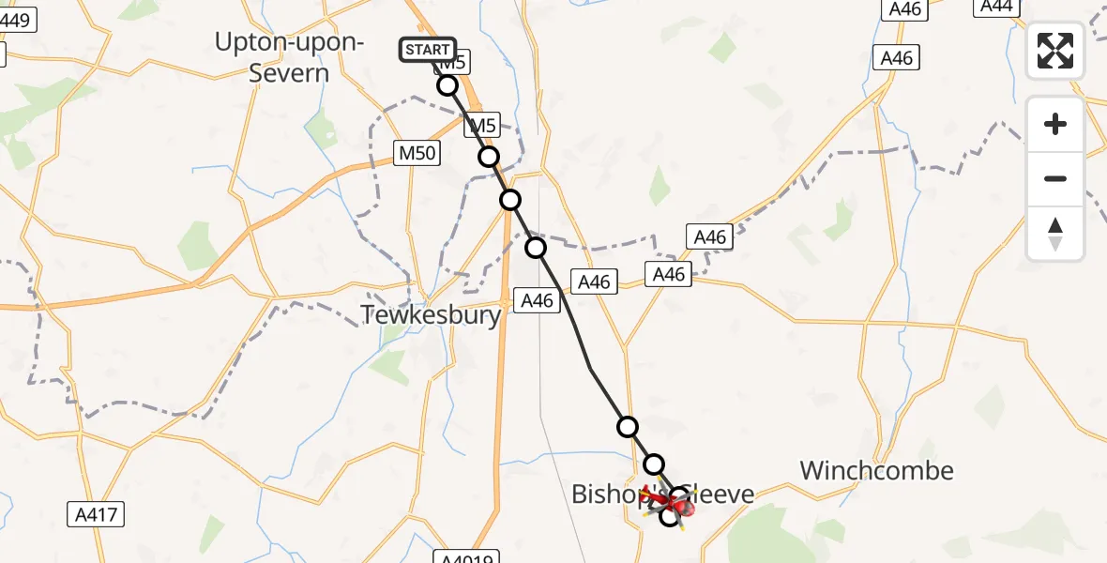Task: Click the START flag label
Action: tap(428, 49)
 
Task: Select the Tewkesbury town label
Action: tap(432, 314)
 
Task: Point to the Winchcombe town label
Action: tap(876, 470)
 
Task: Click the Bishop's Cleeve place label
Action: tap(663, 493)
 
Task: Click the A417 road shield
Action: tap(98, 513)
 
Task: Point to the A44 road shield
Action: tap(995, 6)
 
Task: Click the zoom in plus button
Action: tap(1055, 124)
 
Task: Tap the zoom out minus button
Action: tap(1055, 178)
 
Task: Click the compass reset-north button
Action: tap(1055, 233)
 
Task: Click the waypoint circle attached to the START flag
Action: tap(447, 85)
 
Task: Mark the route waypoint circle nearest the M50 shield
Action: tap(489, 157)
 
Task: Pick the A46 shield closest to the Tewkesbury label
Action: tap(538, 300)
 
